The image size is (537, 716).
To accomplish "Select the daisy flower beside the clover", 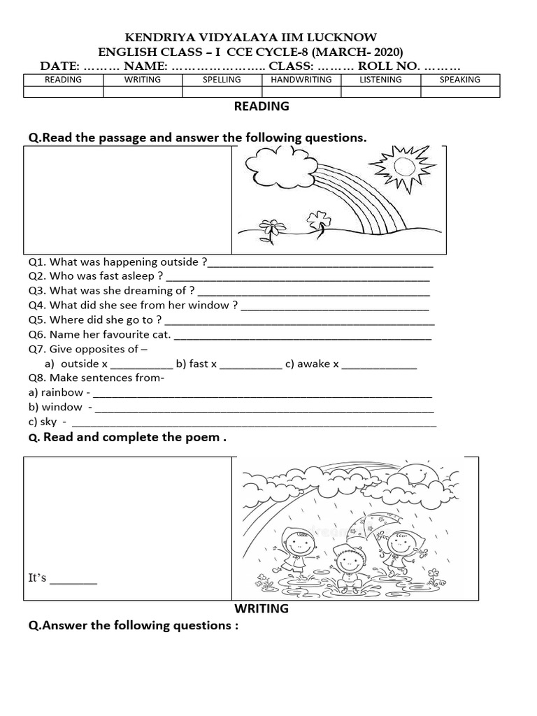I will coord(271,227).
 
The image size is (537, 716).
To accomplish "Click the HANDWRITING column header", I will coord(301,80).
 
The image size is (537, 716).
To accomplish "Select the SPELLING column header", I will coord(222,80).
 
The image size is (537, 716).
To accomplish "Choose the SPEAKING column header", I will coord(459,80).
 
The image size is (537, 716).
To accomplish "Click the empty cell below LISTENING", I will coord(380,92).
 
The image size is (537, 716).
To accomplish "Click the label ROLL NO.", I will coord(389,66).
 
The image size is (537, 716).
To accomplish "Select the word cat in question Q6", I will coord(160,334).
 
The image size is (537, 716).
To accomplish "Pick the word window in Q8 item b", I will coord(62,407).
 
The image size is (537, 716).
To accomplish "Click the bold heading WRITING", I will coord(262,608).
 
